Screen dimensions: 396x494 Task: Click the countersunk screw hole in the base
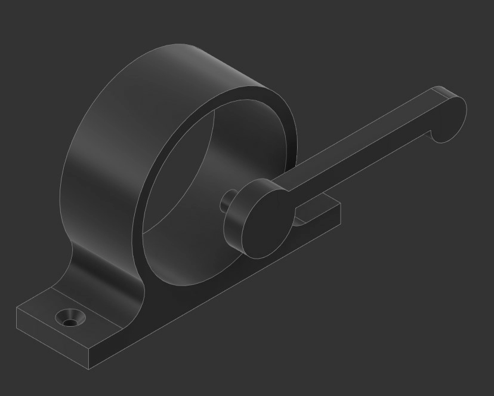71,321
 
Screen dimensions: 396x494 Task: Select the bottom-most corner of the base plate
89,369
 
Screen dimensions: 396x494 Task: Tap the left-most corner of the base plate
16,309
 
